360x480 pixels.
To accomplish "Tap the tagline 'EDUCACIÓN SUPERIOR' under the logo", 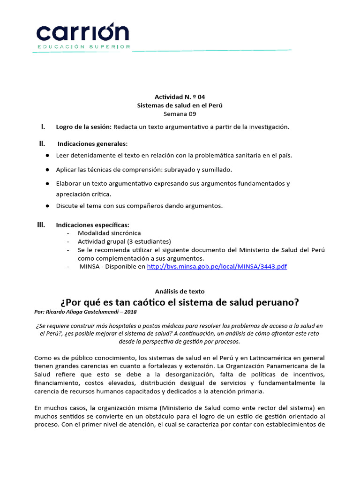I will click(x=84, y=47).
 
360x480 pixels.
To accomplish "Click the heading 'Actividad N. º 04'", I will click(x=180, y=97).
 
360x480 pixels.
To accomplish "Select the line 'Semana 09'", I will click(x=180, y=113).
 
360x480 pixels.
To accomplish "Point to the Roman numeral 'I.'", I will click(x=43, y=127).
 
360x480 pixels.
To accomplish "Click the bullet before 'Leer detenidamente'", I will click(x=48, y=155).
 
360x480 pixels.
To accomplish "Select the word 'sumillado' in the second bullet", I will click(x=217, y=169).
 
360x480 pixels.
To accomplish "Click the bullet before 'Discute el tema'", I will click(x=48, y=206).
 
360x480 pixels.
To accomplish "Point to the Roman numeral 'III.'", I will click(x=41, y=225).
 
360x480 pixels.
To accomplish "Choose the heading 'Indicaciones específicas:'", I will click(x=92, y=225).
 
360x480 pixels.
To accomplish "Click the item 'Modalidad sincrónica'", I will click(x=109, y=233).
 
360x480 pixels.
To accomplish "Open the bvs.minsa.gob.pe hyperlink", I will click(x=217, y=266).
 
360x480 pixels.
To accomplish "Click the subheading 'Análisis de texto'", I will click(x=180, y=291).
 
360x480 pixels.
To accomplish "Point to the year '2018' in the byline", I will click(x=131, y=312).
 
